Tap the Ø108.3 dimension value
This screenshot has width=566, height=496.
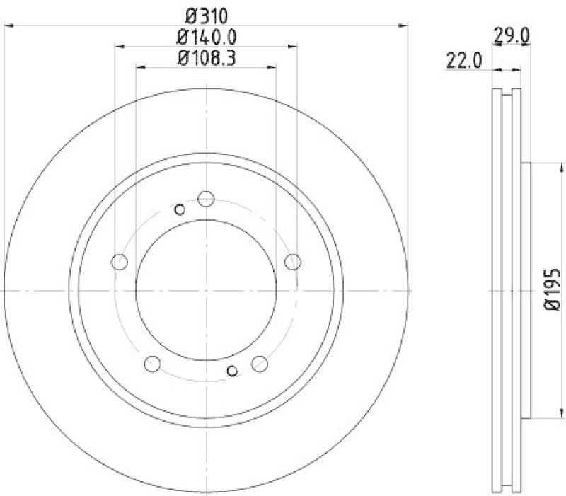pos(206,58)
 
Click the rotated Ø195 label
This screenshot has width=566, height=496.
pos(553,289)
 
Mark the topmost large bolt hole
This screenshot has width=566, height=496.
pos(206,198)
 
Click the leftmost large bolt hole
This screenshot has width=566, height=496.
pos(120,263)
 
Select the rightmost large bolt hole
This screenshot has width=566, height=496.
pos(292,263)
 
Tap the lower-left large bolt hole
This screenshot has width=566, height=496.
pos(152,364)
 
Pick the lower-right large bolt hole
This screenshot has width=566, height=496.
pos(260,364)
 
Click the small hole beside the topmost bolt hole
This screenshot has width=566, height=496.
pos(180,209)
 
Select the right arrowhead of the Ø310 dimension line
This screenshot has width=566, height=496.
pos(405,25)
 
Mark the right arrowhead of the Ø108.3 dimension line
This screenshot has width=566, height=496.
pos(272,68)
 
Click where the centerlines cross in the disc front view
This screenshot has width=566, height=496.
pos(206,290)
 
